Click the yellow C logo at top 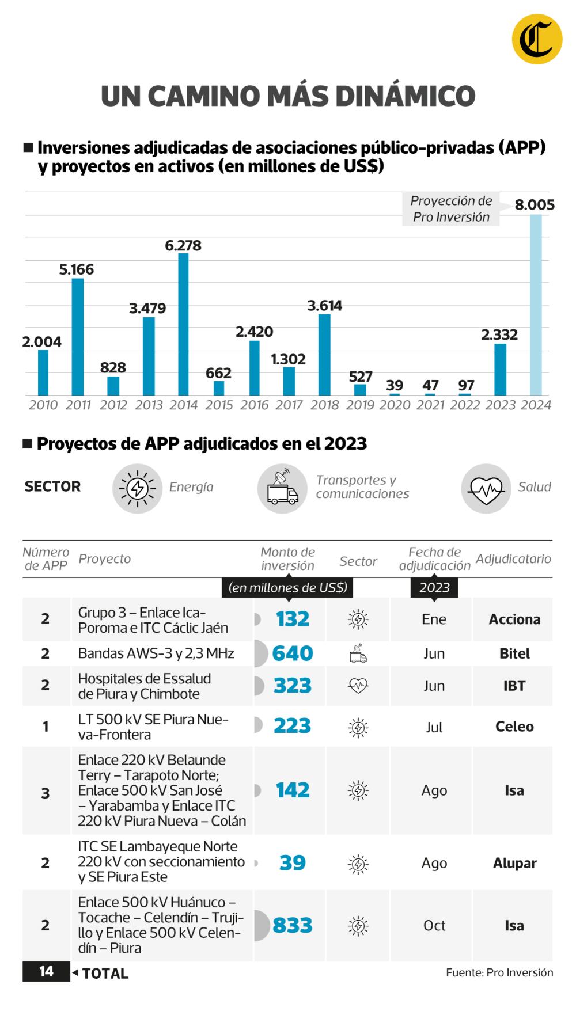point(537,39)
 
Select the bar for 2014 point(183,324)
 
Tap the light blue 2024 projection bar point(536,305)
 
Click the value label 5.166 point(76,269)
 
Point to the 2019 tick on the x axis point(360,405)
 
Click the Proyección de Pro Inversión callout point(451,209)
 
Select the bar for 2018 point(324,355)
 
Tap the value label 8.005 point(535,204)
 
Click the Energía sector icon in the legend point(137,488)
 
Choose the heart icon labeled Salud point(486,488)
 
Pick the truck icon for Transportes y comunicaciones point(282,488)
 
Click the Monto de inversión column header point(287,558)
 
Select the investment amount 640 point(292,653)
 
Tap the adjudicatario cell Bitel point(514,653)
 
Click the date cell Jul point(434,727)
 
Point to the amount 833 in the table point(292,925)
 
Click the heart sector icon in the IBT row point(358,686)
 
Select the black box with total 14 point(46,972)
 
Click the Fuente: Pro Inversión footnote point(499,972)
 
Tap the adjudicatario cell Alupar point(514,863)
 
